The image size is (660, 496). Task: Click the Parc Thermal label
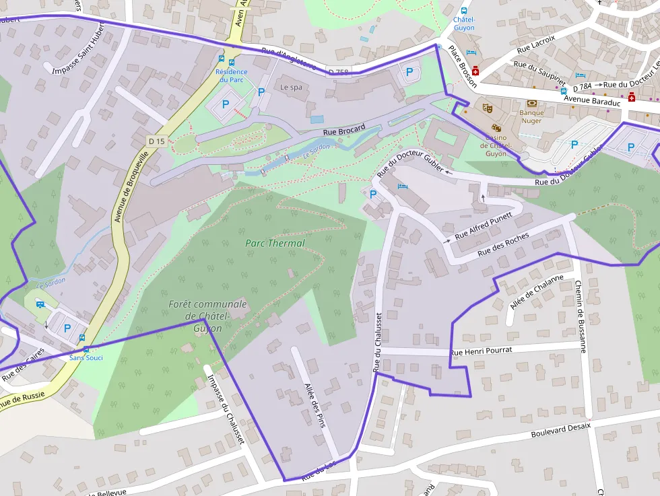coord(275,243)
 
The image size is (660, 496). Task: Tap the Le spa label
coord(292,87)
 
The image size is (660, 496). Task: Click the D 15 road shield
coord(156,141)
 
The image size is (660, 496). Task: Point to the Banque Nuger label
coord(531,116)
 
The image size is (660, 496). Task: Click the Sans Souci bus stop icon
coord(86,349)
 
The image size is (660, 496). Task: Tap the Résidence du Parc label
coord(231,75)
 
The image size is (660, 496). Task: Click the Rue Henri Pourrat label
coord(481,351)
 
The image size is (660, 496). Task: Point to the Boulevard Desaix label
coord(560,430)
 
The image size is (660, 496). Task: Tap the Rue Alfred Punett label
coord(483,226)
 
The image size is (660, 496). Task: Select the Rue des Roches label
coord(502,244)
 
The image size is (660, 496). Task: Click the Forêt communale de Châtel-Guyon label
coord(207,316)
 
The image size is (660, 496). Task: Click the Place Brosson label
coord(463,67)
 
